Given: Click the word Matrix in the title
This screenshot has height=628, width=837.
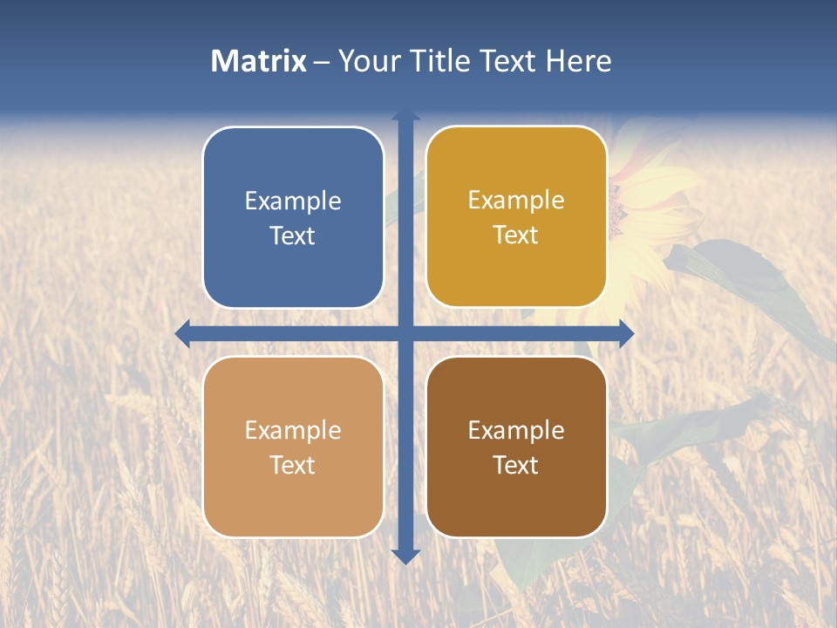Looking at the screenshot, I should [259, 61].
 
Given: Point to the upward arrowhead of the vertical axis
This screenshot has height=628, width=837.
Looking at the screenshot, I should [405, 115].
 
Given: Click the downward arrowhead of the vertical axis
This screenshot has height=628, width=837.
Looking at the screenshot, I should [405, 556].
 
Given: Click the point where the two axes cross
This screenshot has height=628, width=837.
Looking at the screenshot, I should [405, 333].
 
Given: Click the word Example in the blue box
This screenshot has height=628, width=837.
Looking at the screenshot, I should [293, 201].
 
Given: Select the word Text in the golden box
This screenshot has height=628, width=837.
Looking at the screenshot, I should [515, 235].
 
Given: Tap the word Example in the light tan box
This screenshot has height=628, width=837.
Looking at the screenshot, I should [293, 431].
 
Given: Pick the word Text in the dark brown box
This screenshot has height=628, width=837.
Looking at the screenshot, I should [515, 465].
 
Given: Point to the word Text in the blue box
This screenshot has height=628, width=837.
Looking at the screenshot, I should [292, 235].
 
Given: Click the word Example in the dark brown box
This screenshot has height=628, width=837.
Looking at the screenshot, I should [516, 431].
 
